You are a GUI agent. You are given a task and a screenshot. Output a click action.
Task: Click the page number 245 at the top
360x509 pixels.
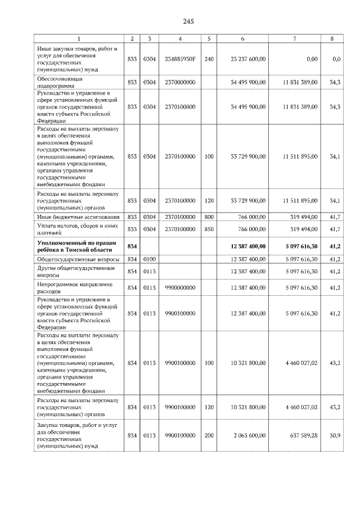click(x=188, y=21)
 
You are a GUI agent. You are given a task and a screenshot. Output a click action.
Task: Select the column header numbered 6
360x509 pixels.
click(x=242, y=39)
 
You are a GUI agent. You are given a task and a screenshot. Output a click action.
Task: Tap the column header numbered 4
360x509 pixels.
click(x=179, y=39)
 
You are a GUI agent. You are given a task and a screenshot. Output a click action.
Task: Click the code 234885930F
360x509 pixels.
click(x=179, y=58)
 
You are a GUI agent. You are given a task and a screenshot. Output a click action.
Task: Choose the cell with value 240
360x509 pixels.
click(x=209, y=58)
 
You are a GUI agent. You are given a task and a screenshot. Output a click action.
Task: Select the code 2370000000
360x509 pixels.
click(x=179, y=82)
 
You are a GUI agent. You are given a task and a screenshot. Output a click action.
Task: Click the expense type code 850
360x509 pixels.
click(x=209, y=229)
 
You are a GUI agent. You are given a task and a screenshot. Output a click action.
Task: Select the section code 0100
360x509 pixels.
click(x=149, y=259)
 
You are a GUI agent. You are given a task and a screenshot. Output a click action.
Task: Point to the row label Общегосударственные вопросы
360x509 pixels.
click(x=78, y=259)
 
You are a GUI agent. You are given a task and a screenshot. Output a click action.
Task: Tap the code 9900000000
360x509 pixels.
click(x=179, y=287)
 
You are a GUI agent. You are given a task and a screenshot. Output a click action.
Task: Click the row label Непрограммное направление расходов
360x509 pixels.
click(x=67, y=287)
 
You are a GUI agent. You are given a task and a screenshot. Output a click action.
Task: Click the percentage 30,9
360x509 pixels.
click(x=336, y=435)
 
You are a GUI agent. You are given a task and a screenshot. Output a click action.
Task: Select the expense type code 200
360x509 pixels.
click(x=209, y=435)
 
